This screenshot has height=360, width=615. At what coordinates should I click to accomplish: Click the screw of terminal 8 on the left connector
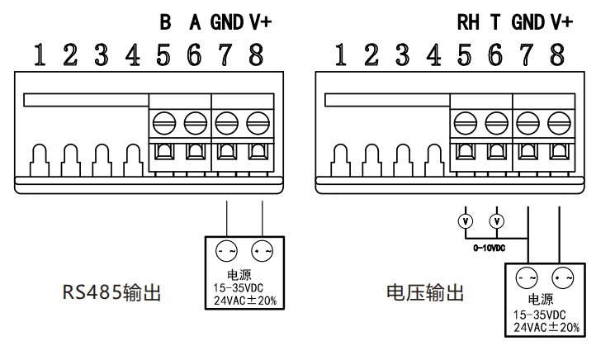258,123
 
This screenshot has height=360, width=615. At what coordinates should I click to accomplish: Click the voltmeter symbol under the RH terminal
465,221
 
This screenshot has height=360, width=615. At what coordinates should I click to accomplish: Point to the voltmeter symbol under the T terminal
495,221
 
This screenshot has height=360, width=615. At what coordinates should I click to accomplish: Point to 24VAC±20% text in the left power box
245,300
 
